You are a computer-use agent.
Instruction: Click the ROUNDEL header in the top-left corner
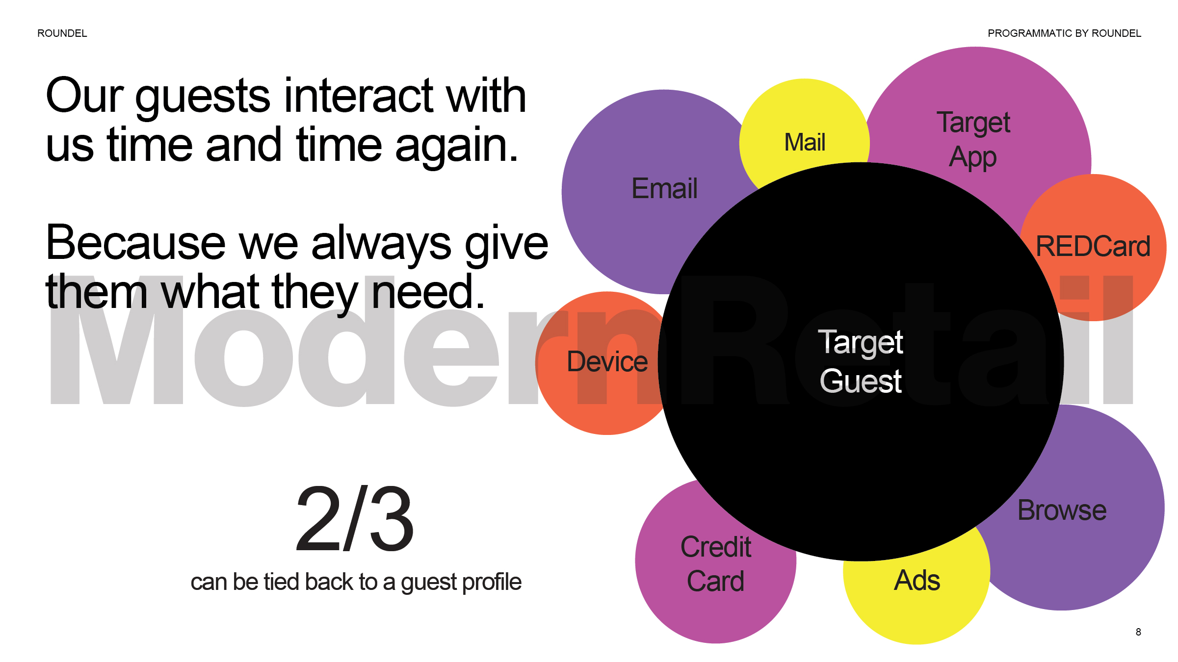pyautogui.click(x=62, y=33)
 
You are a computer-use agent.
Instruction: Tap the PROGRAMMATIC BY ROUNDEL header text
pyautogui.click(x=1064, y=33)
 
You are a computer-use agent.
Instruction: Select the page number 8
pyautogui.click(x=1138, y=632)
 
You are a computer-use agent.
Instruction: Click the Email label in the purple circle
pyautogui.click(x=664, y=188)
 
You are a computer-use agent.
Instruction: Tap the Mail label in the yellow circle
pyautogui.click(x=805, y=142)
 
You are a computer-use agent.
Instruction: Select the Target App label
pyautogui.click(x=973, y=140)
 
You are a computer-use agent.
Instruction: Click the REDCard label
pyautogui.click(x=1093, y=246)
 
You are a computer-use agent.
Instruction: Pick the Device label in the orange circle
pyautogui.click(x=607, y=362)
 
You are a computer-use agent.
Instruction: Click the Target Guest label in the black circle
pyautogui.click(x=861, y=361)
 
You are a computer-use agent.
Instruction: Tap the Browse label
pyautogui.click(x=1062, y=510)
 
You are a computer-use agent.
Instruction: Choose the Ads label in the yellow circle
pyautogui.click(x=916, y=580)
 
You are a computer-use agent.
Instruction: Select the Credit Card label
pyautogui.click(x=716, y=564)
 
